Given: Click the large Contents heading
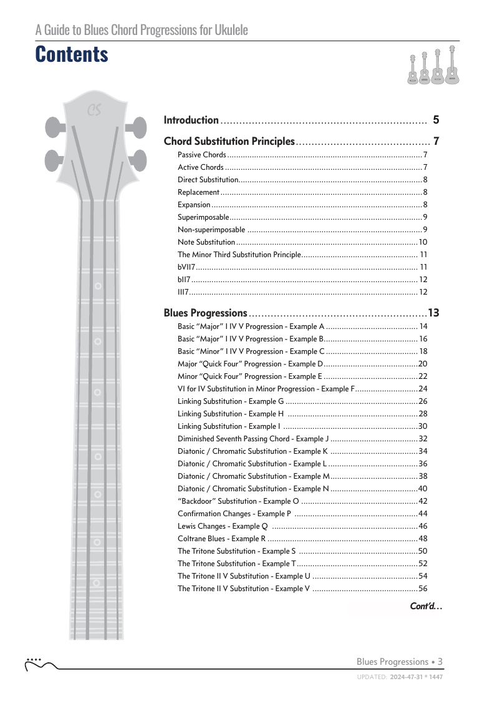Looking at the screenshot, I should [72, 54].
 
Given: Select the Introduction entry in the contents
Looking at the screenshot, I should [191, 120].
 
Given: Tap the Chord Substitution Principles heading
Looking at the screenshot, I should [229, 141].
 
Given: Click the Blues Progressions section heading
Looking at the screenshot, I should [206, 313].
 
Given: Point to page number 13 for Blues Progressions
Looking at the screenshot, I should [434, 313].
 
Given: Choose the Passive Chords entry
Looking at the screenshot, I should [202, 155].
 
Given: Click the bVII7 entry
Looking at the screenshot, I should [186, 267].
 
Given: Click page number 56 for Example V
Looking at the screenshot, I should [423, 589].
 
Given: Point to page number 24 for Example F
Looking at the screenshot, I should [423, 389].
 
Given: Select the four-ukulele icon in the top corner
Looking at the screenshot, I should [434, 66].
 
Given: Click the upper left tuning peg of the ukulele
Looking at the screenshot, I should [54, 127].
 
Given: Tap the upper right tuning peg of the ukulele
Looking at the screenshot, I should [137, 130].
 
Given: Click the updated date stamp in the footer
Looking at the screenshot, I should [400, 676].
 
